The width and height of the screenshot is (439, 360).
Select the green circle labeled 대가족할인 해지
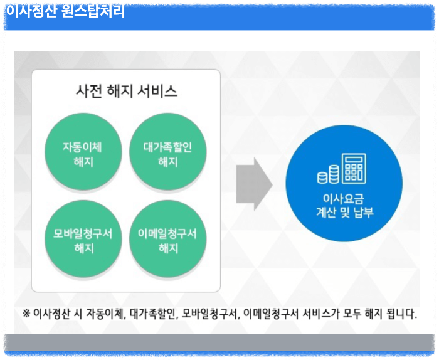(x=167, y=154)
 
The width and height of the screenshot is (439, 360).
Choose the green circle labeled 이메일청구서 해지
(x=167, y=240)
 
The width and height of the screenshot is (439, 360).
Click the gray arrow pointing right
(x=254, y=184)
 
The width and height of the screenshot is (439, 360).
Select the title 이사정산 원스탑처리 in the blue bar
(x=65, y=11)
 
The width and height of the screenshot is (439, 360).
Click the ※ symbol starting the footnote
(x=26, y=312)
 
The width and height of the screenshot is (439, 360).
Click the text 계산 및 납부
(x=344, y=213)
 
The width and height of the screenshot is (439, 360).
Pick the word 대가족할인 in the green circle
(x=167, y=147)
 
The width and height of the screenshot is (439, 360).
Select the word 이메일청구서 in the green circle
(x=167, y=234)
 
